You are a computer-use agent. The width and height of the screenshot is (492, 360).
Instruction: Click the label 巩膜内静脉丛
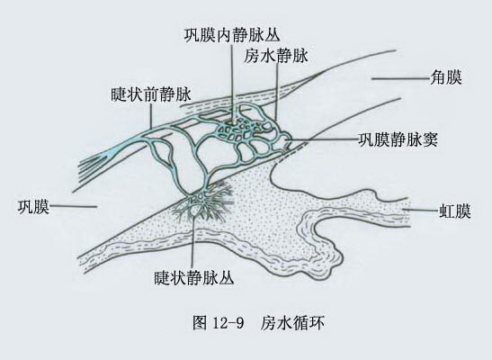pyautogui.click(x=231, y=34)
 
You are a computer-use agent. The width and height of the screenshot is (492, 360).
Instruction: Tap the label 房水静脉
pyautogui.click(x=276, y=56)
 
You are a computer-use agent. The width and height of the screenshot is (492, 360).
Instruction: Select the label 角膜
pyautogui.click(x=446, y=77)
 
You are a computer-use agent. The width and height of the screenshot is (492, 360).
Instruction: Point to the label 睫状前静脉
pyautogui.click(x=151, y=94)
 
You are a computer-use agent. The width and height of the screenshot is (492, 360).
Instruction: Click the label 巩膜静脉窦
pyautogui.click(x=398, y=139)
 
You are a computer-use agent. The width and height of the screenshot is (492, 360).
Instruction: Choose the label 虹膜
pyautogui.click(x=454, y=211)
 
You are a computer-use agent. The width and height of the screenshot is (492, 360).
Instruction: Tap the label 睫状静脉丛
pyautogui.click(x=194, y=277)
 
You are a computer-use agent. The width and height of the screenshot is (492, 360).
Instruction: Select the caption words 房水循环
pyautogui.click(x=292, y=323)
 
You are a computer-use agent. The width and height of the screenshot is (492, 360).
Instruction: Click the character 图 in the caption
pyautogui.click(x=200, y=323)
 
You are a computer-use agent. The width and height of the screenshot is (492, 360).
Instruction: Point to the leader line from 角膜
pyautogui.click(x=400, y=78)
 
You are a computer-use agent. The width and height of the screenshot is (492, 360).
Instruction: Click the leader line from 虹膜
pyautogui.click(x=421, y=210)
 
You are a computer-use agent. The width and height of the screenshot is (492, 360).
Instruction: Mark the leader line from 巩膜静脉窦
pyautogui.click(x=323, y=139)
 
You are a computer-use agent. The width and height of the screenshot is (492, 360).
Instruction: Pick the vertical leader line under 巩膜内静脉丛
pyautogui.click(x=232, y=84)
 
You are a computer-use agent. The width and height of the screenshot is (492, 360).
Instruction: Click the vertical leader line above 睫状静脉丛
pyautogui.click(x=193, y=242)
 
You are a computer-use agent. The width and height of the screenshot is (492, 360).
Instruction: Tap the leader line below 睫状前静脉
pyautogui.click(x=151, y=115)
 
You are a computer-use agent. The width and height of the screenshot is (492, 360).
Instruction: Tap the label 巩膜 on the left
pyautogui.click(x=33, y=207)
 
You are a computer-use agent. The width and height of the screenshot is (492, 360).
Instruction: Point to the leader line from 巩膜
pyautogui.click(x=73, y=206)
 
